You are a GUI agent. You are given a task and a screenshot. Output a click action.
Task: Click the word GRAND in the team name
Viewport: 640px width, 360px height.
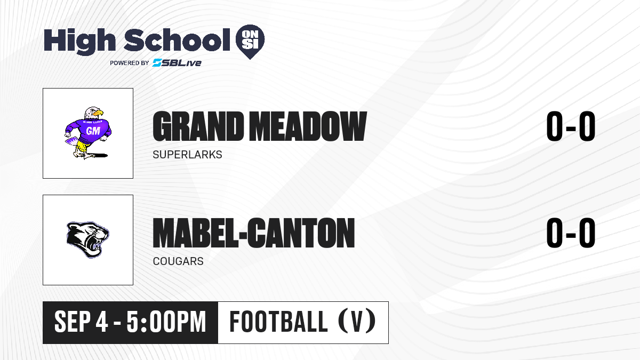pos(198,126)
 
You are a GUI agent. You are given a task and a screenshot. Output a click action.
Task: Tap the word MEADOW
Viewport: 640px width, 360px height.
pos(308,126)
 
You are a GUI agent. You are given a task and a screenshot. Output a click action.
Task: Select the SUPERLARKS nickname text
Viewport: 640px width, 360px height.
pos(187,155)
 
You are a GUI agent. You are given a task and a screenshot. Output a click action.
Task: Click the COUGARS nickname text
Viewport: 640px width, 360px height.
pos(178,261)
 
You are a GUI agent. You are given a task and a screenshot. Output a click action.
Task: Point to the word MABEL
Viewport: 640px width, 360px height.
pos(195,233)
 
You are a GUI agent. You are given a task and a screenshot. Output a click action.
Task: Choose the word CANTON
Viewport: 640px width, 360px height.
pos(301,233)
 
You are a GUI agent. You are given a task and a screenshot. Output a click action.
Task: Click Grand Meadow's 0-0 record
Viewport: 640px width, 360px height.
pos(571,126)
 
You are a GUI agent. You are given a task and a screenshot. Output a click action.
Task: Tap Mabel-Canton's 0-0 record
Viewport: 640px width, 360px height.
pos(571,233)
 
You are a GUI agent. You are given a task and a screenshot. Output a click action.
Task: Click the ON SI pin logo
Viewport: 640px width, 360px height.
pos(250,42)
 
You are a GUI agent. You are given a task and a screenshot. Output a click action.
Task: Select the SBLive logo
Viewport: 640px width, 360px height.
pos(177,62)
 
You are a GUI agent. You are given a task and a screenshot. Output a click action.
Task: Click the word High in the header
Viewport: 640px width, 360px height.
pos(79,41)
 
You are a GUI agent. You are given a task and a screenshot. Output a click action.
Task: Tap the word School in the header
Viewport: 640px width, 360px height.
pos(177,40)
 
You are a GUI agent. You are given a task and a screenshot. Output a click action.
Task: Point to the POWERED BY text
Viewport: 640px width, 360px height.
pos(130,63)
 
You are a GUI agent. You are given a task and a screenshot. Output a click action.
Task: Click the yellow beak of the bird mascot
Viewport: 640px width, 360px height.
pos(98,113)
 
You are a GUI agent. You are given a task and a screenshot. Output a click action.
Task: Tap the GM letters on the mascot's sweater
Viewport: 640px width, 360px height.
pos(93,131)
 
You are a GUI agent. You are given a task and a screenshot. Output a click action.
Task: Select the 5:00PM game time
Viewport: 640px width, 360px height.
pos(166,322)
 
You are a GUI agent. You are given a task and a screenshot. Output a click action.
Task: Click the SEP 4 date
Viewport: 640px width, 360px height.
pos(81,322)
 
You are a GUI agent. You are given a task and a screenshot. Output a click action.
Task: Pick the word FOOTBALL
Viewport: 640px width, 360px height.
pos(278,322)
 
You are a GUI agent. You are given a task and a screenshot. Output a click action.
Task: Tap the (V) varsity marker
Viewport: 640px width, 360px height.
pos(357,322)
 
